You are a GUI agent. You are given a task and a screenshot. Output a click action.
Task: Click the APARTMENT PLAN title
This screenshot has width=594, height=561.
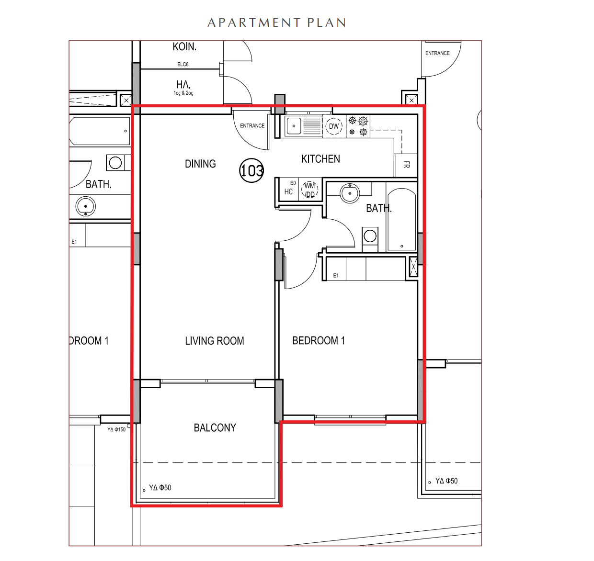(276, 22)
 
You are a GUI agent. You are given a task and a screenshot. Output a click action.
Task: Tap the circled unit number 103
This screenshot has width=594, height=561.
(251, 170)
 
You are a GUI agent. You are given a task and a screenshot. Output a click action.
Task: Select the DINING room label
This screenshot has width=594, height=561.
(200, 164)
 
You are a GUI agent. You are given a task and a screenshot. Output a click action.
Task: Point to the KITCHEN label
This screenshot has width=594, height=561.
(320, 159)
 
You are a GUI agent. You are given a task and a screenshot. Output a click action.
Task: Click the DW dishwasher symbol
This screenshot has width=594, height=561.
(334, 126)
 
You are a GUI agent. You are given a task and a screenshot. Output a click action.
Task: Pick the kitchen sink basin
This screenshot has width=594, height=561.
(294, 126)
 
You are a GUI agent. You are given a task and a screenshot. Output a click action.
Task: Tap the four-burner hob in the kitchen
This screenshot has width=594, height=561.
(358, 126)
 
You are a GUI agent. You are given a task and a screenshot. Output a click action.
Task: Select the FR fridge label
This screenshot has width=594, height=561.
(406, 165)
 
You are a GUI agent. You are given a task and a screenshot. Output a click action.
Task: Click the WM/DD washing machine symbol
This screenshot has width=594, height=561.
(310, 190)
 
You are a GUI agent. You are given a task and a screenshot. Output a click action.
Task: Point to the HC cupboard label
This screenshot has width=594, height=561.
(288, 191)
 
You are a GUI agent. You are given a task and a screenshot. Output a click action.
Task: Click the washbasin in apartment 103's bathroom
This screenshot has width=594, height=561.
(350, 193)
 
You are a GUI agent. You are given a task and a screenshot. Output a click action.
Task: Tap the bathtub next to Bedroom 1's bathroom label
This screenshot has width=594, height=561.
(401, 219)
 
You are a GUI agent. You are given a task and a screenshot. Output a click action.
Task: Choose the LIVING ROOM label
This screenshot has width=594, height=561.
(214, 341)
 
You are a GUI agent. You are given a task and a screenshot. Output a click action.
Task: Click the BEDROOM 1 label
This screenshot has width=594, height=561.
(319, 340)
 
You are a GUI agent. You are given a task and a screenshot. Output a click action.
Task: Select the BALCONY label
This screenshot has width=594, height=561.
(215, 427)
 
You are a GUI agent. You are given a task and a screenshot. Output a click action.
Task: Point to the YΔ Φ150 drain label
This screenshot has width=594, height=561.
(116, 429)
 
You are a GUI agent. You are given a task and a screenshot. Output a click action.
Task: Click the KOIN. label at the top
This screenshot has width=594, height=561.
(184, 46)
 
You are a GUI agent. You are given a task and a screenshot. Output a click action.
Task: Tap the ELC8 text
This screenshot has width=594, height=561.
(183, 64)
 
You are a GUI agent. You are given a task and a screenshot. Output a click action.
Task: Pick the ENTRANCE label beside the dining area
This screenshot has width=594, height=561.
(252, 126)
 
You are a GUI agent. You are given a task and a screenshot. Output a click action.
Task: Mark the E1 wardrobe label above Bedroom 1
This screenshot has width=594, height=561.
(336, 275)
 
